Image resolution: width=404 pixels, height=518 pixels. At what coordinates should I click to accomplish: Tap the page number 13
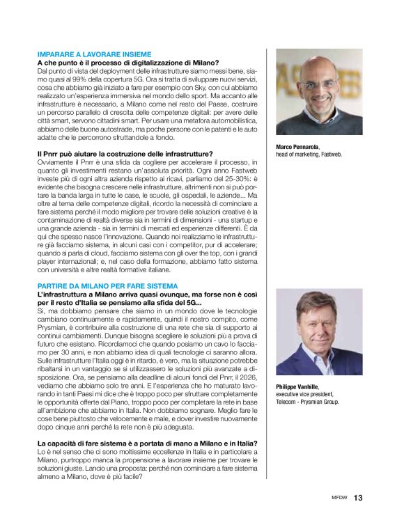point(358,498)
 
